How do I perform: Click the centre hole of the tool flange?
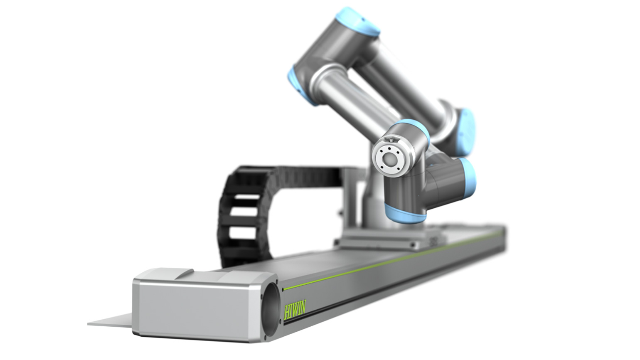pos(390,158)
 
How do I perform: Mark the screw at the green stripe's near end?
pos(283,289)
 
